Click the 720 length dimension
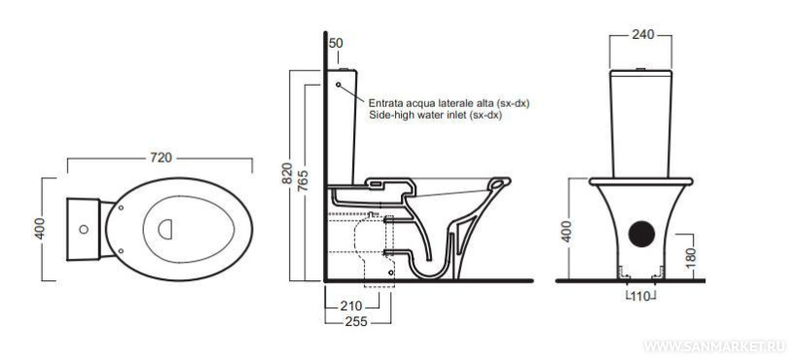(161, 158)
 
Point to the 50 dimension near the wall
(336, 44)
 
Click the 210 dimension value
(351, 306)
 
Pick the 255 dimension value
(355, 322)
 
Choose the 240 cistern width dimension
(643, 34)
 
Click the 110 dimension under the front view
(640, 297)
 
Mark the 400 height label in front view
(567, 231)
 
